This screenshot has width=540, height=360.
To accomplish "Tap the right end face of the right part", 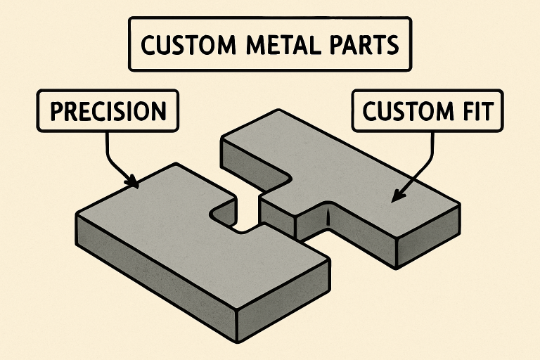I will tap(430, 235).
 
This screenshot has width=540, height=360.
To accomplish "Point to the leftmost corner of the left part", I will tap(76, 214).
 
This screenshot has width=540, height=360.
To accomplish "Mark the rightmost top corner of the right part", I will tap(461, 205).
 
